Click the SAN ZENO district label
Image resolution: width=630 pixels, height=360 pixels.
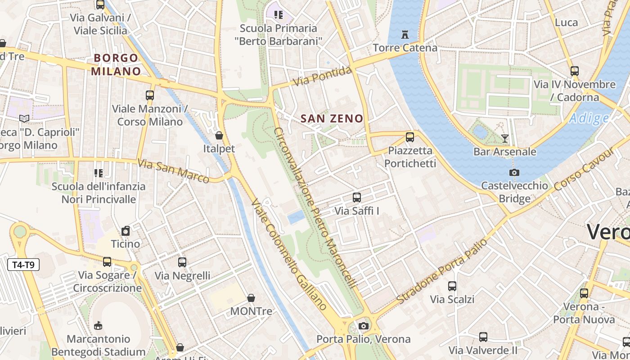(332, 119)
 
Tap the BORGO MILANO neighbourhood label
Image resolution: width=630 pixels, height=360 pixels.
(116, 64)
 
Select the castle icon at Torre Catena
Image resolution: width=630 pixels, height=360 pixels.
(405, 35)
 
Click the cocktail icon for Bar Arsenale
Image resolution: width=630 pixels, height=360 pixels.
(505, 138)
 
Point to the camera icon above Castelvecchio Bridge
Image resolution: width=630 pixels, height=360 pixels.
(514, 172)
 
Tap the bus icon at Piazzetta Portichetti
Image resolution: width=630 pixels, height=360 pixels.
(410, 137)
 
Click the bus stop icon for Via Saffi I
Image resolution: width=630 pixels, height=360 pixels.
(357, 198)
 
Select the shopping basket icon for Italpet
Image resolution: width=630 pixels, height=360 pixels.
(219, 135)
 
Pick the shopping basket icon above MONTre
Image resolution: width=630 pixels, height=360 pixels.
(251, 298)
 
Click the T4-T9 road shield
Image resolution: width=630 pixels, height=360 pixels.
(24, 265)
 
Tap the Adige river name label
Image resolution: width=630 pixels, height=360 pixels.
(589, 118)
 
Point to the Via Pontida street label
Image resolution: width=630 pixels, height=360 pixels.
(322, 76)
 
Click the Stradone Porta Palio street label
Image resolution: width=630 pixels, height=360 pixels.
(441, 271)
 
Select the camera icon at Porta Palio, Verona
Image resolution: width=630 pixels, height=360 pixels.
(364, 326)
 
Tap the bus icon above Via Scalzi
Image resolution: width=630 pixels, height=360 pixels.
(452, 286)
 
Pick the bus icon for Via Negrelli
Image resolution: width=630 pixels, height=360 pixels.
(182, 262)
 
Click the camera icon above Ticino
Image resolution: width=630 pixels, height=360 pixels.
(126, 231)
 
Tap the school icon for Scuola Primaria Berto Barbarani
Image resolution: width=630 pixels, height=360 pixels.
(279, 15)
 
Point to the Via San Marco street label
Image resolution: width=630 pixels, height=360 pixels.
(174, 171)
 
